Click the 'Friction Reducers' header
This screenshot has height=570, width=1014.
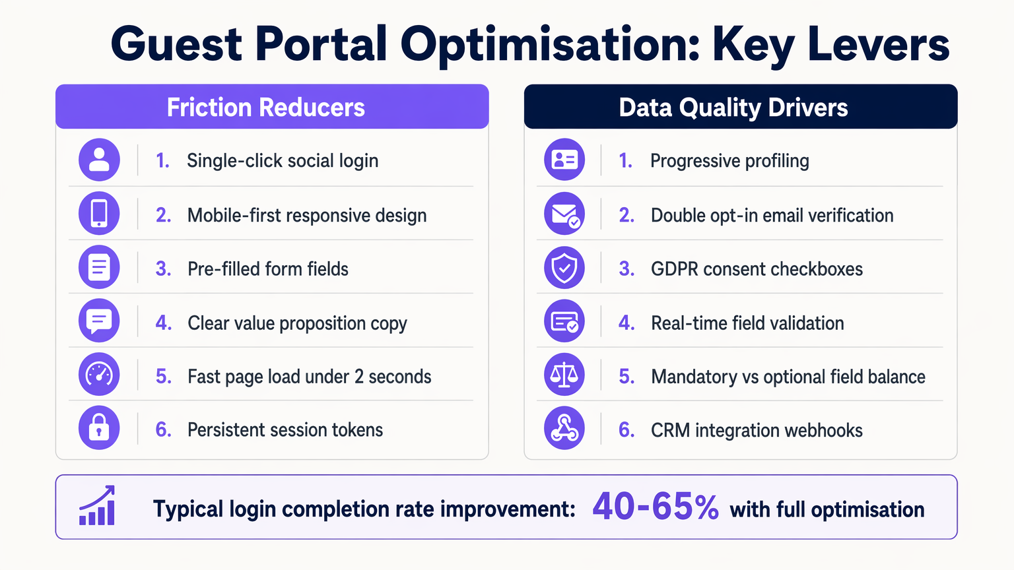pyautogui.click(x=265, y=108)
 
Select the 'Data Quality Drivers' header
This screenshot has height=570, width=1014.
pyautogui.click(x=733, y=108)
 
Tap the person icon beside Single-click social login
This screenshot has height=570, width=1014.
pyautogui.click(x=99, y=160)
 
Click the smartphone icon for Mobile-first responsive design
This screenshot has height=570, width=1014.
pyautogui.click(x=99, y=214)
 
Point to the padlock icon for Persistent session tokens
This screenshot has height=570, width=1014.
pyautogui.click(x=99, y=428)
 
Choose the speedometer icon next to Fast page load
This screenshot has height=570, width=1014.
pyautogui.click(x=99, y=375)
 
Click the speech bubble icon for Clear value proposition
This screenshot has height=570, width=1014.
pyautogui.click(x=99, y=321)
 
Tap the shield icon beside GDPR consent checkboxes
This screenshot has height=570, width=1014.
pyautogui.click(x=564, y=268)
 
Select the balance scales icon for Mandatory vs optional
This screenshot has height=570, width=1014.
pyautogui.click(x=564, y=375)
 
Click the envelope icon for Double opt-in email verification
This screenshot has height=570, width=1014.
pyautogui.click(x=564, y=214)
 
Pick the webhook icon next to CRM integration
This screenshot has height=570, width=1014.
pyautogui.click(x=564, y=429)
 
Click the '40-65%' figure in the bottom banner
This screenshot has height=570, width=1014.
pyautogui.click(x=655, y=507)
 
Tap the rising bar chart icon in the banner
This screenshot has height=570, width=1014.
pyautogui.click(x=98, y=507)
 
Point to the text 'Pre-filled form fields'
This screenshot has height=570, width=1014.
pyautogui.click(x=267, y=269)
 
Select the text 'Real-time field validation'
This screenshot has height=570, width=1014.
pyautogui.click(x=747, y=323)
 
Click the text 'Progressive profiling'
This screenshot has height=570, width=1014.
pyautogui.click(x=729, y=161)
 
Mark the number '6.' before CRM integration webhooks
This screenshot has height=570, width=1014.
pyautogui.click(x=626, y=430)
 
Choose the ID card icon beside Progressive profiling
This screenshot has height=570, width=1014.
pyautogui.click(x=564, y=160)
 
